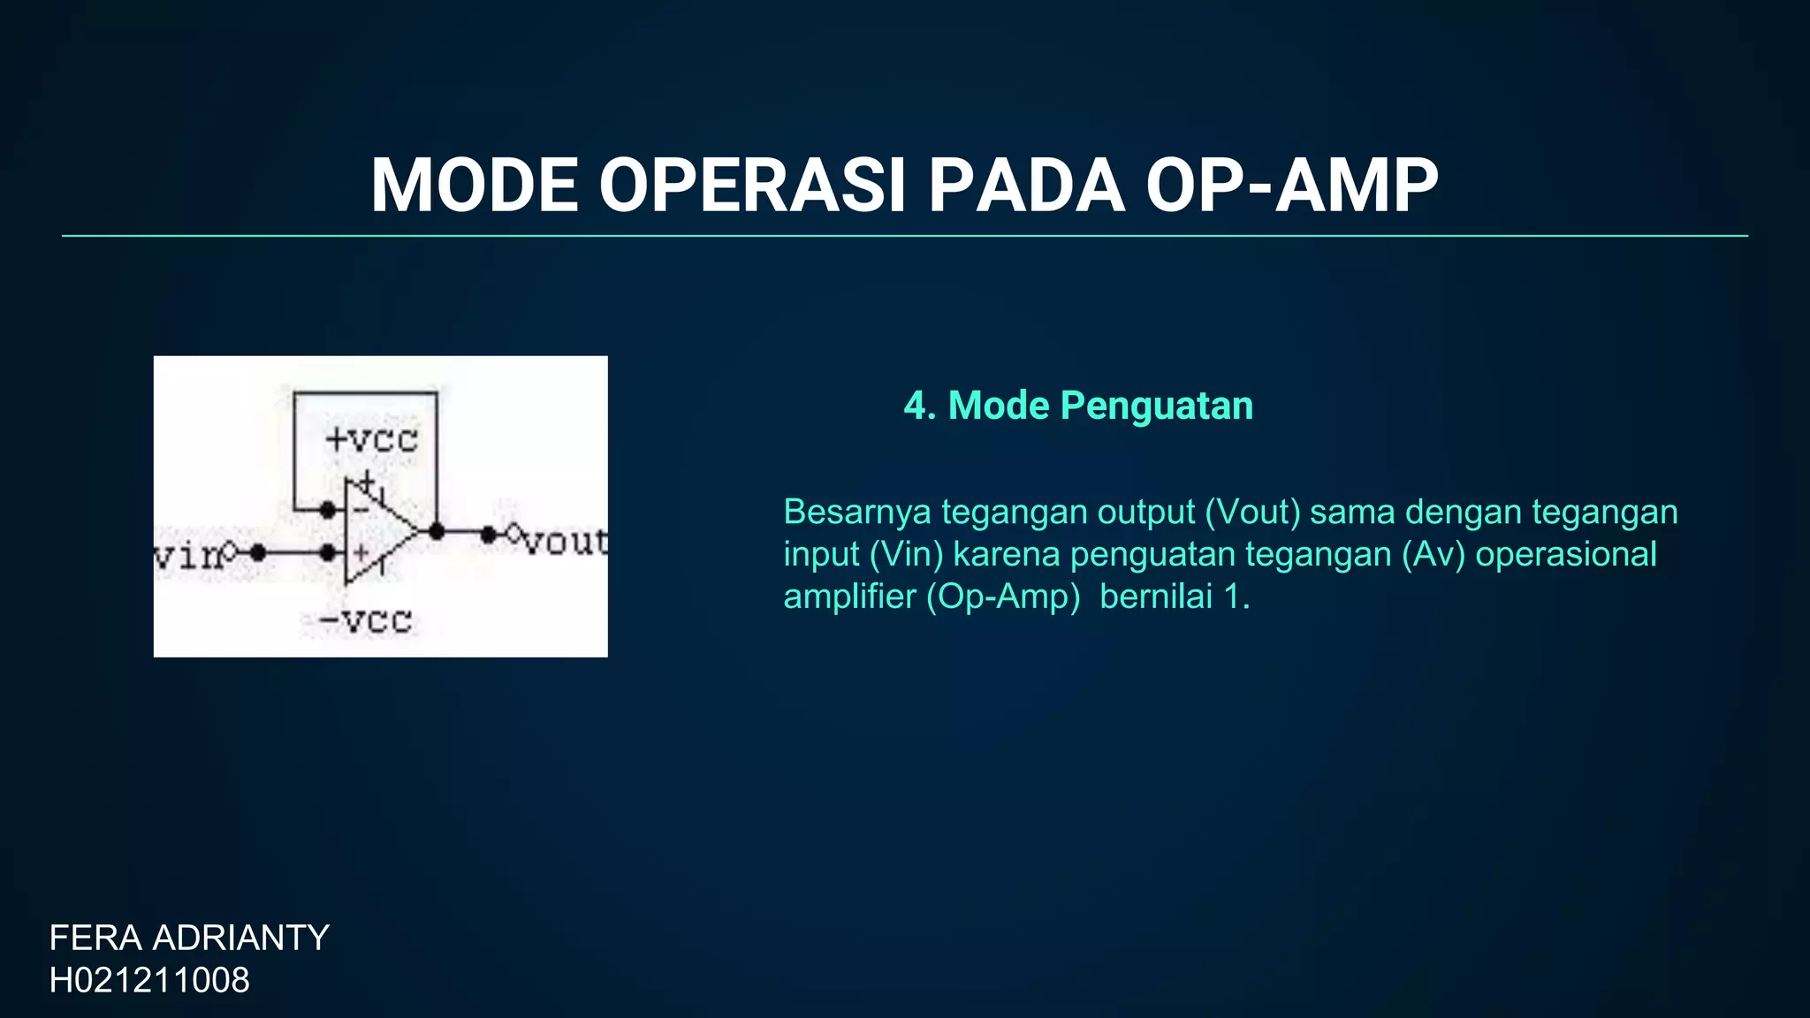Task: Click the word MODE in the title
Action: pos(474,186)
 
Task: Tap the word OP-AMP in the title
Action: pos(1291,186)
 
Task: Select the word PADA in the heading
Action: pos(1025,186)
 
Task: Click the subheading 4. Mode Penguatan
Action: pos(1078,406)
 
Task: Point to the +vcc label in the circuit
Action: pos(371,439)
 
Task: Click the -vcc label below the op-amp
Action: pos(365,620)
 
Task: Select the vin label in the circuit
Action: pos(187,555)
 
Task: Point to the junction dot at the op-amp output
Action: pos(437,531)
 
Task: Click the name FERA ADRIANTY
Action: pos(189,938)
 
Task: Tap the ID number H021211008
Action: pos(149,980)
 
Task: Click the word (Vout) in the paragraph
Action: pos(1252,513)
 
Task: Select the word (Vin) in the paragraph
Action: pos(906,554)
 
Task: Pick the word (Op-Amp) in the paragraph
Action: pos(1003,596)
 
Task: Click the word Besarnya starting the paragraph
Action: pos(856,513)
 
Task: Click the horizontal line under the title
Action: pos(905,236)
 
